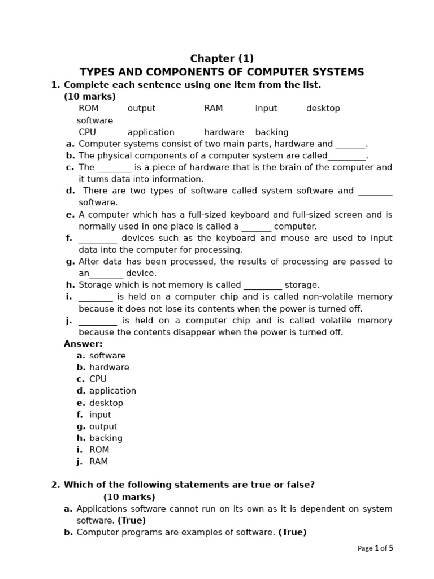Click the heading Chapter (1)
(222, 58)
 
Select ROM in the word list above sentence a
(88, 108)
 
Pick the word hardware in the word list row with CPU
(224, 132)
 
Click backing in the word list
(272, 132)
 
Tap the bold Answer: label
(83, 344)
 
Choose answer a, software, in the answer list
(107, 356)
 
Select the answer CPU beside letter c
(98, 379)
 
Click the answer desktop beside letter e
(106, 403)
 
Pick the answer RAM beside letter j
(98, 461)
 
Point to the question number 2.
(54, 485)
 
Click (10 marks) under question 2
(129, 497)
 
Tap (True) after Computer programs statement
(292, 532)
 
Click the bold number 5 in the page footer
(390, 548)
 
